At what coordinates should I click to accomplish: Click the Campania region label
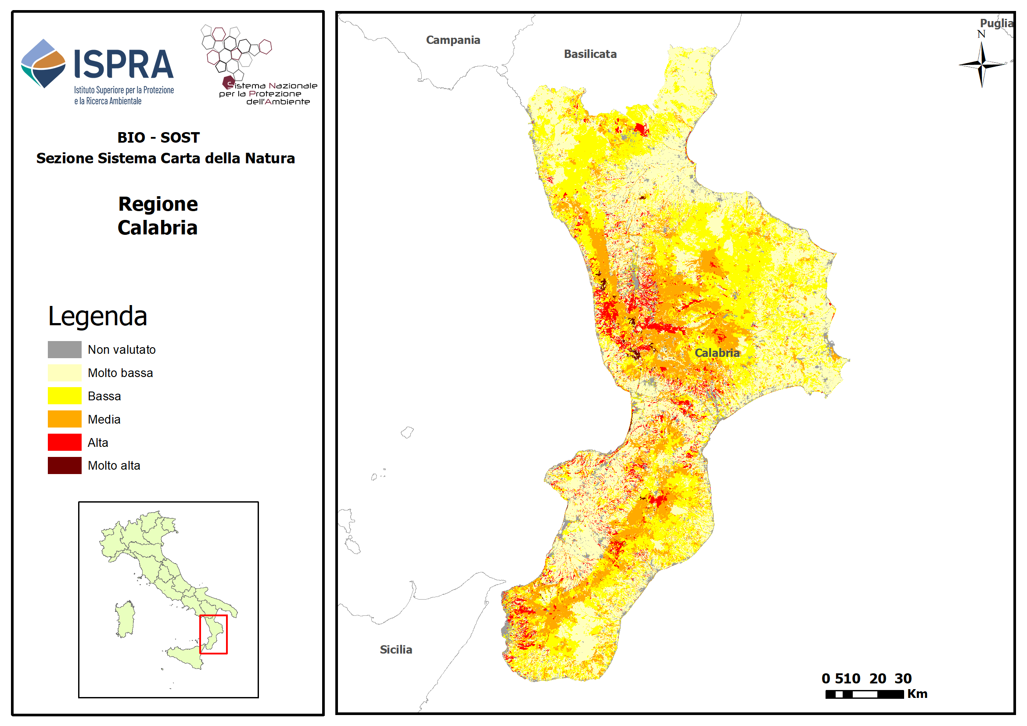(x=452, y=40)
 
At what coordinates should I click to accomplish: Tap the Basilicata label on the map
(x=590, y=54)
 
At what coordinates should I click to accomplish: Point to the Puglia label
(x=996, y=23)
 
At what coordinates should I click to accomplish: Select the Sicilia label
(x=396, y=650)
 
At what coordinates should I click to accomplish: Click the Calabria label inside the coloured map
(x=717, y=353)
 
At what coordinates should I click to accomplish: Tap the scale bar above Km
(x=864, y=695)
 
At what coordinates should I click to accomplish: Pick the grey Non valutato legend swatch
(x=65, y=350)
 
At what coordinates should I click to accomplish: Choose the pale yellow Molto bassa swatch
(x=65, y=373)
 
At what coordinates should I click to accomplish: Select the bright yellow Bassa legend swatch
(x=65, y=396)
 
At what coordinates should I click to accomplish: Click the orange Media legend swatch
(x=65, y=420)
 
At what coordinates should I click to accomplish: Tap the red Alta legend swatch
(x=65, y=443)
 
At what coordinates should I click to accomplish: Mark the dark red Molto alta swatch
(x=65, y=466)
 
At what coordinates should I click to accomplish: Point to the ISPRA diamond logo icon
(x=43, y=64)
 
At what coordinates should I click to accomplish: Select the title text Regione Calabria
(x=158, y=216)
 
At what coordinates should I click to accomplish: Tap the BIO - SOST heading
(x=158, y=137)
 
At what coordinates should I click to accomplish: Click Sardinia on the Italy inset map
(x=125, y=619)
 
